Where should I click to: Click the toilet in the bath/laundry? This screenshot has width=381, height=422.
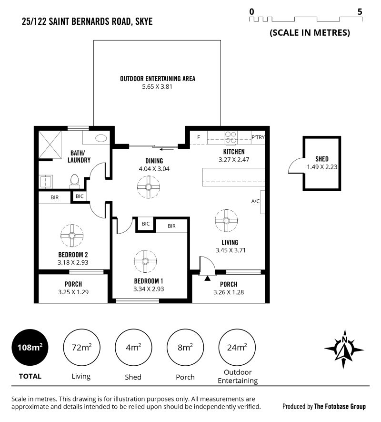click(74, 181)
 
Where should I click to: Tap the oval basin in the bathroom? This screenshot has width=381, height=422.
click(101, 138)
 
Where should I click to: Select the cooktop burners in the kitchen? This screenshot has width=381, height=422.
click(231, 137)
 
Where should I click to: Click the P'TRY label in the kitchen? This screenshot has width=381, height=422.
click(258, 137)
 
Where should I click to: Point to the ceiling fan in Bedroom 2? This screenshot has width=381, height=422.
click(72, 236)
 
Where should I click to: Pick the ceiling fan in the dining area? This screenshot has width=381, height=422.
click(149, 187)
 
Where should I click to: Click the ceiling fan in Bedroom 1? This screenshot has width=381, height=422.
click(145, 261)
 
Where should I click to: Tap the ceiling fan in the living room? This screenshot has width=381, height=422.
click(226, 220)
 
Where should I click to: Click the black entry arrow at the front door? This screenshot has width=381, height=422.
click(207, 278)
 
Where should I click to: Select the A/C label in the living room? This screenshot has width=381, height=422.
click(255, 201)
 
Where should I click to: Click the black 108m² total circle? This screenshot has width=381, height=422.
click(30, 348)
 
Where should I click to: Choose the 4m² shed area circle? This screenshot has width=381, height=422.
click(134, 348)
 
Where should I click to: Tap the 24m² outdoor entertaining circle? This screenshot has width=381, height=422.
click(237, 348)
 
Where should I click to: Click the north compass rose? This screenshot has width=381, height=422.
click(344, 349)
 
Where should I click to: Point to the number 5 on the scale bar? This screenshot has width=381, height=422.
click(360, 11)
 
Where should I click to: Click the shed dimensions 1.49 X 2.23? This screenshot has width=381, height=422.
click(322, 167)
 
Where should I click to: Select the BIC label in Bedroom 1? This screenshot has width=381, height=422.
click(145, 224)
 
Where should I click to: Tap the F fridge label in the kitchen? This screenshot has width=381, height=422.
click(199, 137)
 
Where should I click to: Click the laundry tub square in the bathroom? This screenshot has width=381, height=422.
click(46, 181)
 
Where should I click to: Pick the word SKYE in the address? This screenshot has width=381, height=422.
click(144, 21)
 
